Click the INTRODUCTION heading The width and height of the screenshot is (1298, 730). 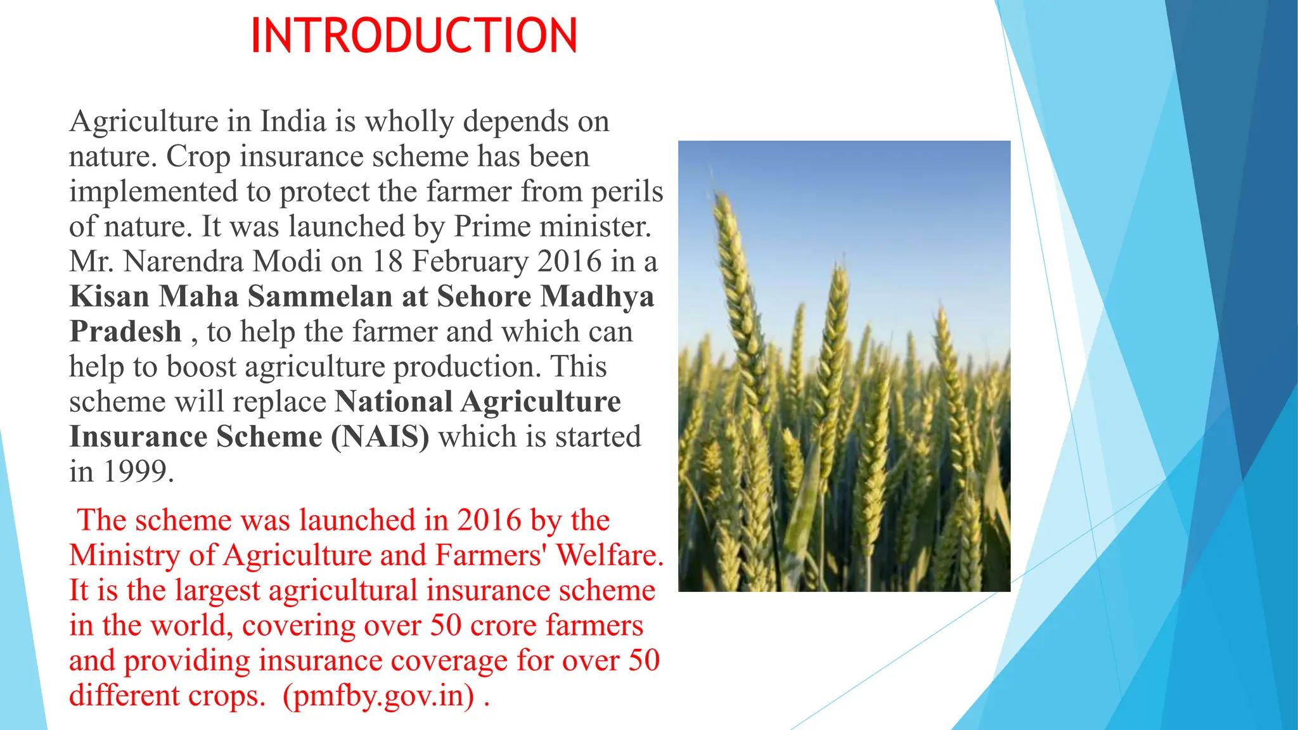coord(414,36)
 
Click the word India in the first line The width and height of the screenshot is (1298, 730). coord(293,121)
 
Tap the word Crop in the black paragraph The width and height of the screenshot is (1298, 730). coord(198,157)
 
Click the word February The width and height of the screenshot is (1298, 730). coord(470,262)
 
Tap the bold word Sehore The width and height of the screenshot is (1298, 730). coord(484,297)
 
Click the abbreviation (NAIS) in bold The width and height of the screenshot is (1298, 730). coord(380,437)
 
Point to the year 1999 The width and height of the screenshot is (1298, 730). coord(138,472)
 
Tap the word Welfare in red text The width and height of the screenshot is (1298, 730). coord(609,556)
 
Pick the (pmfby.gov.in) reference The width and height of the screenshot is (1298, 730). coord(378,696)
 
